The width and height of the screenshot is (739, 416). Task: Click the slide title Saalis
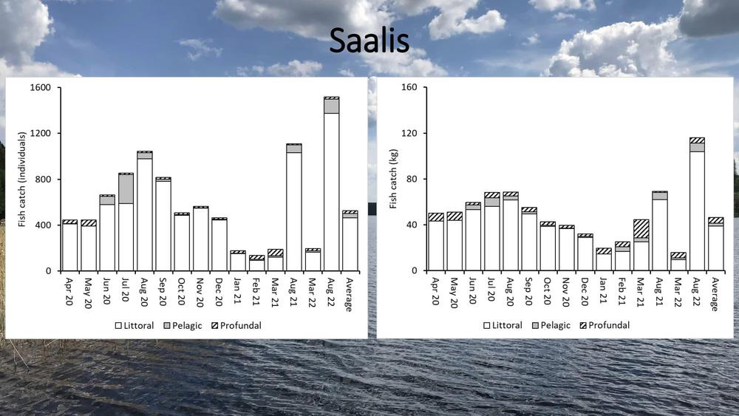click(x=369, y=42)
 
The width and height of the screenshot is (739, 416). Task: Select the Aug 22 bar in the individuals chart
click(x=331, y=185)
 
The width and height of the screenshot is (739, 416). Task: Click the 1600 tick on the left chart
click(x=40, y=88)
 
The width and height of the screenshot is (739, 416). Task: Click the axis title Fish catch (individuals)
click(x=22, y=180)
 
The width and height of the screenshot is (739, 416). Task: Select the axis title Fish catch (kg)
click(x=392, y=180)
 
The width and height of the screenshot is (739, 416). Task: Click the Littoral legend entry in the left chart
click(x=133, y=325)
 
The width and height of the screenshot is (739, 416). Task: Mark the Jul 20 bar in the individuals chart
click(x=126, y=222)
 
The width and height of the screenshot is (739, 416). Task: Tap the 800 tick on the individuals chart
click(x=41, y=180)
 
